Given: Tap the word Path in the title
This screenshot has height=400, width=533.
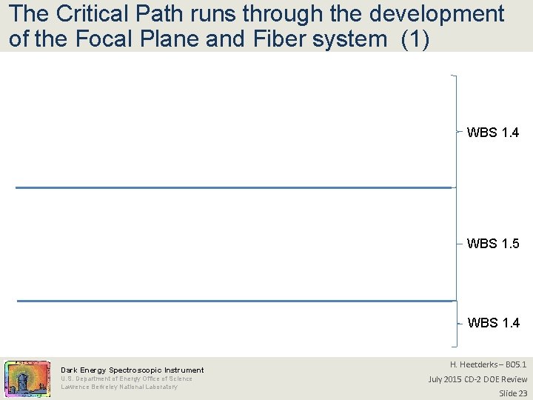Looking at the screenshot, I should pyautogui.click(x=162, y=14).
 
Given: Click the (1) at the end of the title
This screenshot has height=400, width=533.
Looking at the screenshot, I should pyautogui.click(x=415, y=39).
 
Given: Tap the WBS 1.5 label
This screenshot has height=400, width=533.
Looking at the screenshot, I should pyautogui.click(x=493, y=244).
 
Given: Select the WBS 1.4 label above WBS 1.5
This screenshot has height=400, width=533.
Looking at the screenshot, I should pyautogui.click(x=493, y=133).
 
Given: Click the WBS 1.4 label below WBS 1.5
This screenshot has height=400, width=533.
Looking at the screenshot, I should pyautogui.click(x=494, y=323).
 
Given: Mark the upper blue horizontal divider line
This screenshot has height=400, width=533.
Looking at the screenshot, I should pyautogui.click(x=233, y=187).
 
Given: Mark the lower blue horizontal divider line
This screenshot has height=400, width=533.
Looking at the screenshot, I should pyautogui.click(x=234, y=301).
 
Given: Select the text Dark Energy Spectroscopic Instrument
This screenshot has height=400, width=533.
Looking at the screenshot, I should pyautogui.click(x=132, y=370).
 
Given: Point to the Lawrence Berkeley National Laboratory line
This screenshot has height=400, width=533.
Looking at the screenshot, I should pyautogui.click(x=119, y=387).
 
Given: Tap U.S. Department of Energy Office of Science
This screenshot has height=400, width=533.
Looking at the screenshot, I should pyautogui.click(x=126, y=379).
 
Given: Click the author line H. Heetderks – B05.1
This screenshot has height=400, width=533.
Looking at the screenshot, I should pyautogui.click(x=489, y=364).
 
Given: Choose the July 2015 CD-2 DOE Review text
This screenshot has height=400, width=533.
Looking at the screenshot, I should pyautogui.click(x=477, y=379).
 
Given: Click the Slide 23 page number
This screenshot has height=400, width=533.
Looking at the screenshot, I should pyautogui.click(x=512, y=393).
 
